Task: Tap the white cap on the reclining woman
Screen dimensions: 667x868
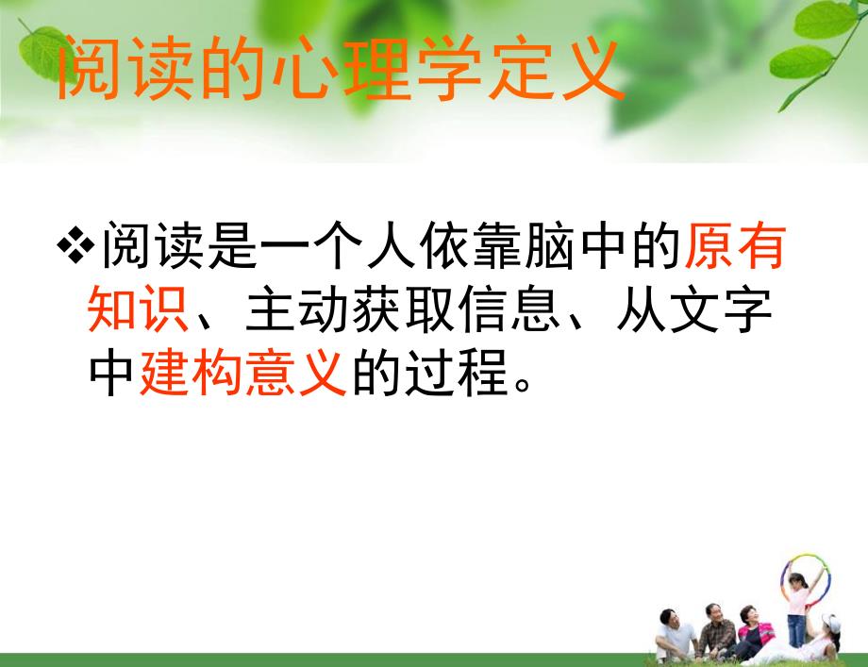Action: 831,623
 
